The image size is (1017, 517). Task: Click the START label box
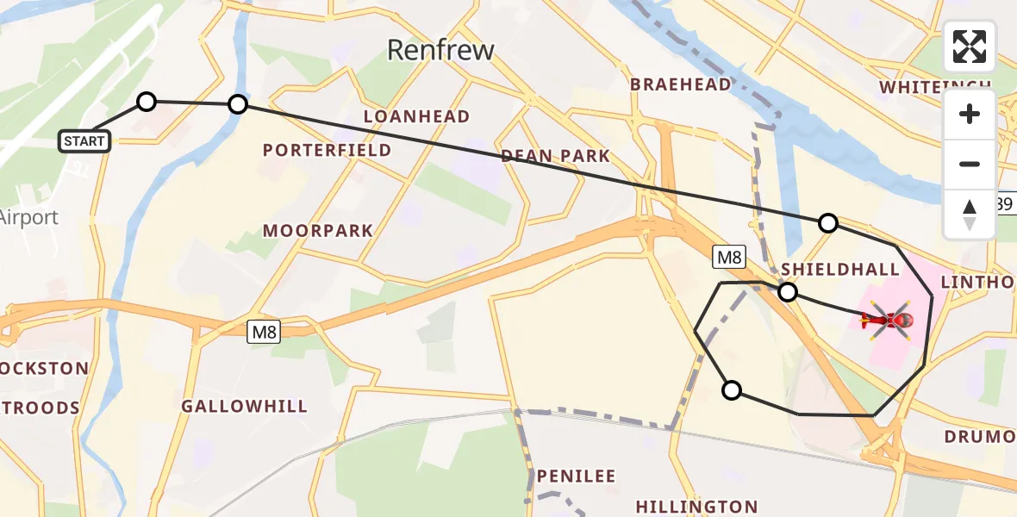coord(84,141)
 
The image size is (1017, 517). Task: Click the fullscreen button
coord(970,47)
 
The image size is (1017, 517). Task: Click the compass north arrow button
coord(970,215)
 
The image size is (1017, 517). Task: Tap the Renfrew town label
coord(440,50)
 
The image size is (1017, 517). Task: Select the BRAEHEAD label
coord(680,84)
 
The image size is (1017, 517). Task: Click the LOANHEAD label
coord(416,116)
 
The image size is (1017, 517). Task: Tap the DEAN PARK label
coord(555,156)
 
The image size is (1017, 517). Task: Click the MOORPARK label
coord(318,231)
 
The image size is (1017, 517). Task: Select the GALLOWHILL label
coord(244,407)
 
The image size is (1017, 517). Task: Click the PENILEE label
coord(576,476)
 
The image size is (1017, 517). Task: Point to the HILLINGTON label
coord(696,507)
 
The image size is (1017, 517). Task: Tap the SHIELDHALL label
coord(840,270)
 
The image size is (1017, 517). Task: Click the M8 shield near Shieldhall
coord(728,256)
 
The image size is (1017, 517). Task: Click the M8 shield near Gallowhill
coord(265,332)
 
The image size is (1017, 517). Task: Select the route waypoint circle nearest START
coord(147,103)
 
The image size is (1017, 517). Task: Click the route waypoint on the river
coord(238,105)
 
